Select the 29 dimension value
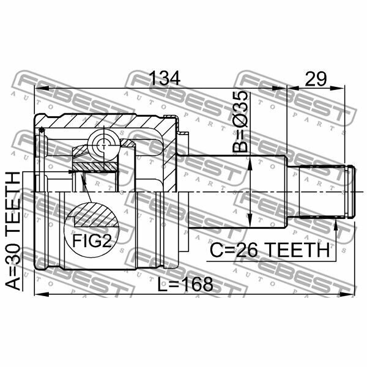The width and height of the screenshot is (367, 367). (x=315, y=78)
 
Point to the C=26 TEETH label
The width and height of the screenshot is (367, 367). (x=269, y=250)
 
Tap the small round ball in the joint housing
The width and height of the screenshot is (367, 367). (x=102, y=146)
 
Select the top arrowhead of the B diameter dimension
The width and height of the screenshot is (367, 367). (x=253, y=160)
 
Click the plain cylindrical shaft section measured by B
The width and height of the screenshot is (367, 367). (x=235, y=191)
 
